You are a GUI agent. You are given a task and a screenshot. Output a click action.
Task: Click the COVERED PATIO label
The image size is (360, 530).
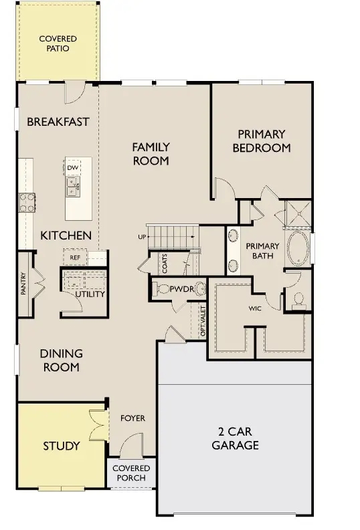pyautogui.click(x=58, y=43)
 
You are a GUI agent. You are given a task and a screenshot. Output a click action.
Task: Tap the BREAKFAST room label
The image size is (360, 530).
pyautogui.click(x=58, y=122)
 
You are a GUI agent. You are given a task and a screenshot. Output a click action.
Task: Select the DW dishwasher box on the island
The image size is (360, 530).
pyautogui.click(x=72, y=168)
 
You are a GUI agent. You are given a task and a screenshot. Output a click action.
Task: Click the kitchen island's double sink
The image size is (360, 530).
pyautogui.click(x=73, y=187)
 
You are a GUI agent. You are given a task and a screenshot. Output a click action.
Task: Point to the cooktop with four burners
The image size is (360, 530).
pyautogui.click(x=27, y=203)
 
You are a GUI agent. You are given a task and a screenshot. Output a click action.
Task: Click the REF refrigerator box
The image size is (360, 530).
pyautogui.click(x=75, y=258)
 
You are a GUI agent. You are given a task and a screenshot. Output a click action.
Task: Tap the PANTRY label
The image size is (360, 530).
pyautogui.click(x=23, y=283)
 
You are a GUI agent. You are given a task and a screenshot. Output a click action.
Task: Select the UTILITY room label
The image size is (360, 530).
pyautogui.click(x=90, y=294)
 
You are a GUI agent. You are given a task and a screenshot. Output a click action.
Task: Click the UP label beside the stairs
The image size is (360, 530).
pyautogui.click(x=142, y=237)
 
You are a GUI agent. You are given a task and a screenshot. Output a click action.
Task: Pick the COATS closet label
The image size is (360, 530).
pyautogui.click(x=165, y=264)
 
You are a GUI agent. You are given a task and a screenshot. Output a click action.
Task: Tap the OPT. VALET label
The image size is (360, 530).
pyautogui.click(x=203, y=321)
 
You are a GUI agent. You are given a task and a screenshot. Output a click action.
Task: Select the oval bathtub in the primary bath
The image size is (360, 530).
pyautogui.click(x=298, y=248)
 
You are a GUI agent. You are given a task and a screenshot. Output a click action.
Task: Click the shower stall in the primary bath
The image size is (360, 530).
pyautogui.click(x=298, y=213)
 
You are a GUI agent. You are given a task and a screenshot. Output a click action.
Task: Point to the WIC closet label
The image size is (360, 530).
pyautogui.click(x=255, y=308)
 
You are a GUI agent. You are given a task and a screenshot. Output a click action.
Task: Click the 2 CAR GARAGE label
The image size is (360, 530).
pyautogui.click(x=236, y=438)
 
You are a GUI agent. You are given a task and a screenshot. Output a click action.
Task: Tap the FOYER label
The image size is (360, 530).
pyautogui.click(x=133, y=418)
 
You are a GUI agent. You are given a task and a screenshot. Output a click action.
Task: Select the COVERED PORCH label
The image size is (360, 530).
pyautogui.click(x=131, y=473)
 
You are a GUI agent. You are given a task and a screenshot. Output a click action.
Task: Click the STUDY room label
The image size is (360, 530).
pyautogui.click(x=62, y=446)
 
